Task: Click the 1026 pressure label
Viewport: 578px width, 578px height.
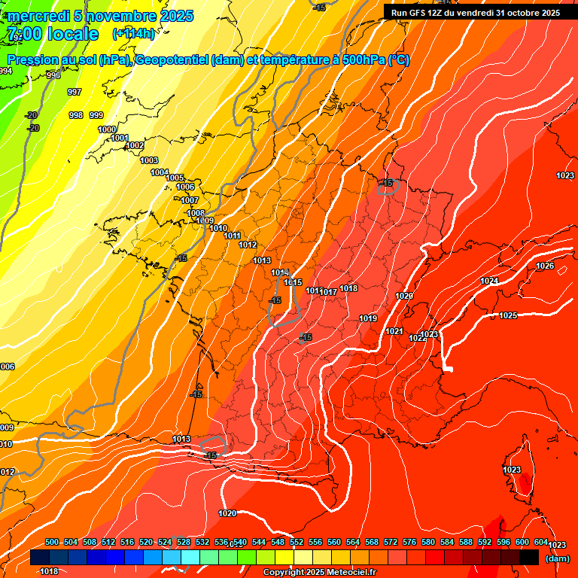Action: pos(545,266)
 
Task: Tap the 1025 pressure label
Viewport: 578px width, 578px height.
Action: pos(508,315)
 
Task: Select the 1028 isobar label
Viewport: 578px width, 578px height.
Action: pos(404,296)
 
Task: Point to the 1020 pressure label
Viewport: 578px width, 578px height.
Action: pos(227,513)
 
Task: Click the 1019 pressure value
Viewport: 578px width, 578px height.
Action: pos(368,318)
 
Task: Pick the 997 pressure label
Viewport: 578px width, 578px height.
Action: pos(75,92)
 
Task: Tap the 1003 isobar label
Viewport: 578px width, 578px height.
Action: pos(149,160)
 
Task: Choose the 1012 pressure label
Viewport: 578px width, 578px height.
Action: pos(248,245)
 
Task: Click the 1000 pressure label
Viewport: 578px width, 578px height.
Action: pos(107,129)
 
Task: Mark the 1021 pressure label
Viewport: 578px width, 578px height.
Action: pos(394,331)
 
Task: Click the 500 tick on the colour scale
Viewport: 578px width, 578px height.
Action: pos(52,542)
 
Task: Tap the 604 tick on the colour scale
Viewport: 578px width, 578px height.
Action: pos(540,542)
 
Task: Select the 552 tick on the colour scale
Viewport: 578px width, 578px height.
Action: pos(297,542)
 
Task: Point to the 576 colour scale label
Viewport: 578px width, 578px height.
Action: pos(409,542)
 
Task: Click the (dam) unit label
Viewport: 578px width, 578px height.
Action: pos(558,558)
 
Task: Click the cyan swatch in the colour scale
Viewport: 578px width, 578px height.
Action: pos(190,557)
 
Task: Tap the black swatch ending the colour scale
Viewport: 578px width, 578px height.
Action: pos(528,557)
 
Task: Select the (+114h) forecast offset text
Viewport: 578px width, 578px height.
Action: pos(133,33)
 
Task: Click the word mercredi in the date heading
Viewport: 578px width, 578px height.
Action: pos(37,16)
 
